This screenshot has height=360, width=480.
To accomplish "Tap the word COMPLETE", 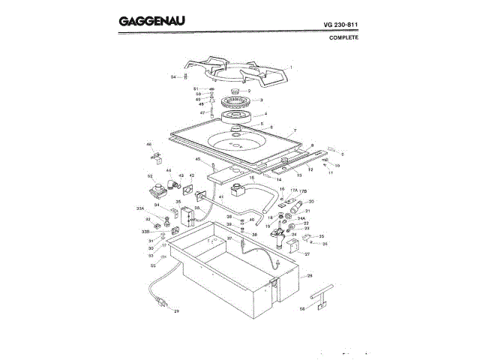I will click(x=344, y=37).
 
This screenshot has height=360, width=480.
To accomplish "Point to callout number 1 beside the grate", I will click(x=290, y=68).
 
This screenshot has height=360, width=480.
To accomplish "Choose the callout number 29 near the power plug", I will click(x=177, y=310).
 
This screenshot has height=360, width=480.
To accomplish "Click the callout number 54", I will click(x=172, y=76).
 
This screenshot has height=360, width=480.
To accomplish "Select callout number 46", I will click(x=148, y=144).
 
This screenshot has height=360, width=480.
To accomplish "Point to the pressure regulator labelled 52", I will click(x=158, y=189).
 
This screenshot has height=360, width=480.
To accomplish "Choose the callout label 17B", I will click(x=304, y=190).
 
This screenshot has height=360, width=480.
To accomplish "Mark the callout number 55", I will click(x=152, y=265).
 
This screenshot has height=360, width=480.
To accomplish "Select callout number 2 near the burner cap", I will click(x=259, y=91).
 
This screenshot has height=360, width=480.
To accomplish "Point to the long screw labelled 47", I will click(x=213, y=112).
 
